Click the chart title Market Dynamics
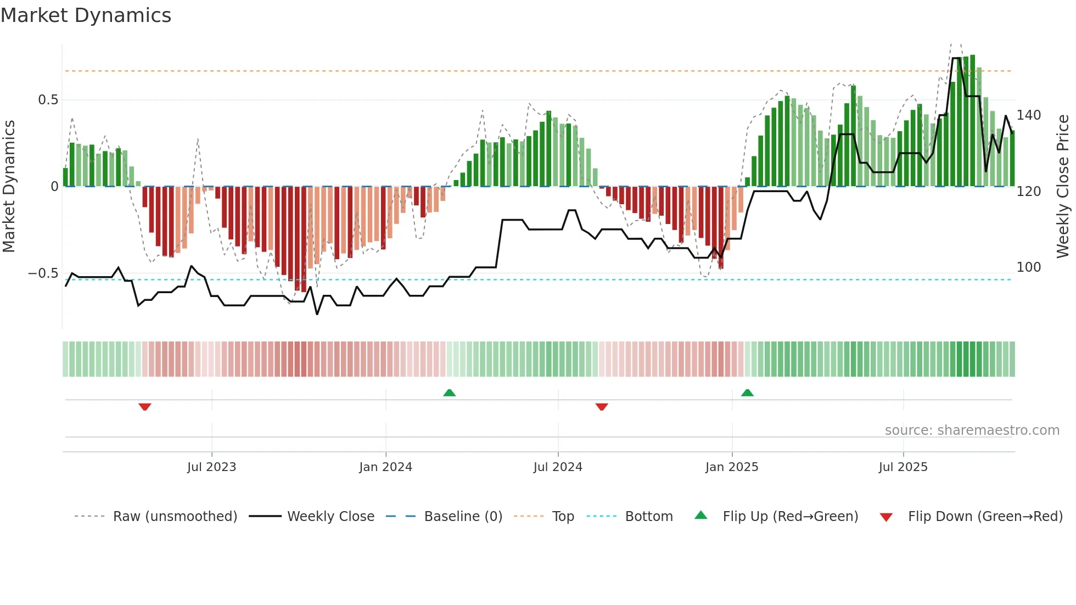coord(86,15)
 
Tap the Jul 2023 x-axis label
coord(211,467)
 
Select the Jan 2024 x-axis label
coord(385,467)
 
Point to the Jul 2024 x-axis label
coord(558,467)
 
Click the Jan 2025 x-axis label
coord(732,467)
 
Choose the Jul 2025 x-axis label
coord(903,467)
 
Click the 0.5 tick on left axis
coord(48,100)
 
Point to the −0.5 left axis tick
coord(43,273)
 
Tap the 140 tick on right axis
coord(1028,115)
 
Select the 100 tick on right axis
coord(1028,267)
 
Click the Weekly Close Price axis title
coord(1063,187)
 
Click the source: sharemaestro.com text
coord(972,430)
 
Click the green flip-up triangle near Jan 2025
coord(747,393)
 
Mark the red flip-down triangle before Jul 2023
coord(145,407)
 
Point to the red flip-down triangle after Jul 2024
coord(602,407)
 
